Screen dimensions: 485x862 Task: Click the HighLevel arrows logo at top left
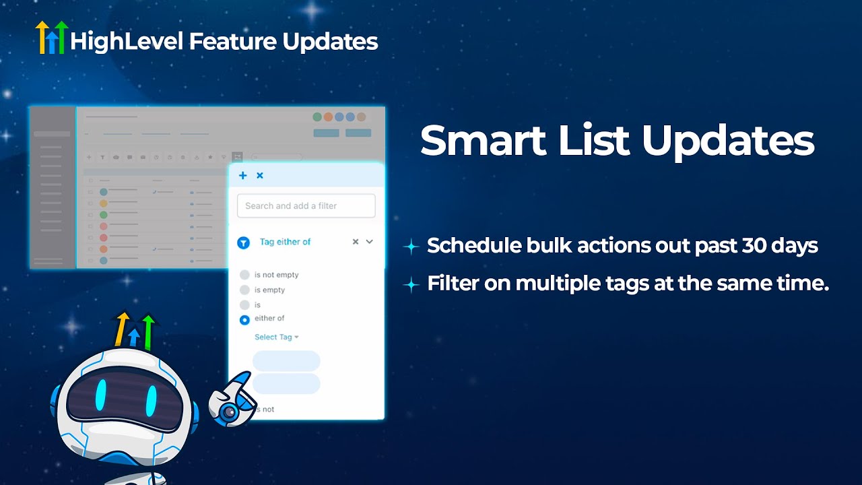(52, 37)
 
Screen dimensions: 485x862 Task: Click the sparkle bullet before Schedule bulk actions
(411, 247)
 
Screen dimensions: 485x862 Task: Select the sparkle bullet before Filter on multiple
(411, 285)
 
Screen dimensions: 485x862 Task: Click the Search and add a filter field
(306, 206)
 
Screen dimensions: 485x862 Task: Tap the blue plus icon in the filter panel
(243, 176)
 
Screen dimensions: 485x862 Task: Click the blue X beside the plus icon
(260, 176)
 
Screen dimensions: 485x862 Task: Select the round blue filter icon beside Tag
(244, 243)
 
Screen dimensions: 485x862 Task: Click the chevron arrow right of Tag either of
(369, 242)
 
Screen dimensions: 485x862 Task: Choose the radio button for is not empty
(244, 275)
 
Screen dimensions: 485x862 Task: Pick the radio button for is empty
(244, 290)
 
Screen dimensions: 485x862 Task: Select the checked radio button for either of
(244, 320)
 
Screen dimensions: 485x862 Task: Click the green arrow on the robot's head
(148, 330)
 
